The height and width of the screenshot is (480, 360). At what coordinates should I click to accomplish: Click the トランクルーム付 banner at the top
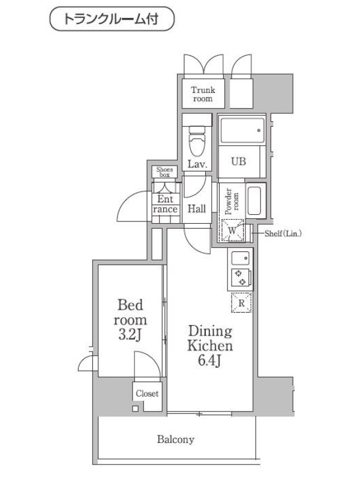click(112, 19)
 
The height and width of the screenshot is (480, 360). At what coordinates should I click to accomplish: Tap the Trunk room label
click(203, 94)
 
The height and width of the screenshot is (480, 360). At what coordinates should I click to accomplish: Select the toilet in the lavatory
click(197, 141)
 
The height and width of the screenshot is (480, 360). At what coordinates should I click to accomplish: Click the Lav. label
click(197, 164)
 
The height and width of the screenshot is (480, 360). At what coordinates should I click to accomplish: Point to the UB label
click(238, 161)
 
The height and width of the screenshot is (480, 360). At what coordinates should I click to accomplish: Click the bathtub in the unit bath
click(242, 130)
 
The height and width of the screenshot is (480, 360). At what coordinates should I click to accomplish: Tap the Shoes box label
click(164, 172)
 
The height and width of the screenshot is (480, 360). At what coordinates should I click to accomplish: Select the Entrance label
click(166, 204)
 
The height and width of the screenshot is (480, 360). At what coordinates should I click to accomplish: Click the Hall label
click(197, 209)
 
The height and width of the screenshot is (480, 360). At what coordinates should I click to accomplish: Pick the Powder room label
click(232, 201)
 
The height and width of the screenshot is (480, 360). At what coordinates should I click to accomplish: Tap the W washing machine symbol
click(232, 230)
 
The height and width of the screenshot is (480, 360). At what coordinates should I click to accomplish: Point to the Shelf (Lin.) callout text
click(283, 233)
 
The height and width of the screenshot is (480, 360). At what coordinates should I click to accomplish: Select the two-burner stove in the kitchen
click(241, 277)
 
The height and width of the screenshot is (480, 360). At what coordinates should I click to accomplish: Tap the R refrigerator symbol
click(241, 303)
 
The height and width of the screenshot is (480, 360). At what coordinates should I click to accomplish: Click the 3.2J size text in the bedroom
click(130, 335)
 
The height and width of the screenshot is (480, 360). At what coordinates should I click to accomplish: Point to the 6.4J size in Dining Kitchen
click(209, 361)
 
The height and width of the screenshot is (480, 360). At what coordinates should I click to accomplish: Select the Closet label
click(147, 394)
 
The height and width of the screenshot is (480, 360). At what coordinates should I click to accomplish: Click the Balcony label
click(176, 440)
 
